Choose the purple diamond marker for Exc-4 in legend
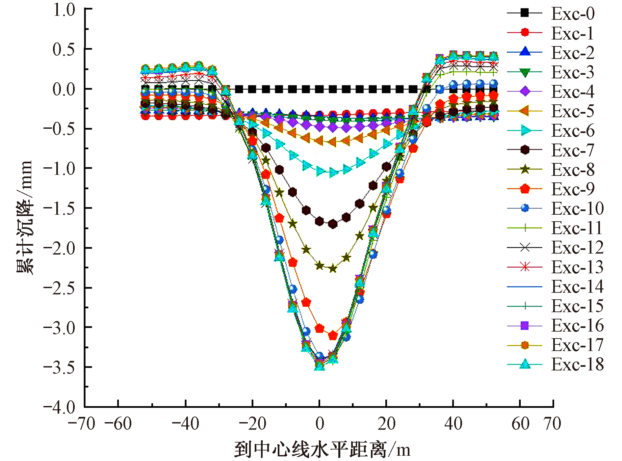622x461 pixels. click(x=525, y=91)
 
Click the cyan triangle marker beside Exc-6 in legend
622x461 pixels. click(x=525, y=131)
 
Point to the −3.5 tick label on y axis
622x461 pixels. click(x=60, y=367)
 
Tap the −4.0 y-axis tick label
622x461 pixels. click(x=60, y=408)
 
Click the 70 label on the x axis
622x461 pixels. click(x=553, y=424)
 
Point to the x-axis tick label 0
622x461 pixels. click(x=320, y=424)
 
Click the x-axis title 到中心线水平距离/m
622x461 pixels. click(x=322, y=450)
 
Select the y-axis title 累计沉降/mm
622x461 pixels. click(x=25, y=217)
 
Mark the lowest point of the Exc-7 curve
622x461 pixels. click(x=333, y=224)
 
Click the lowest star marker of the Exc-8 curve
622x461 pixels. click(x=333, y=269)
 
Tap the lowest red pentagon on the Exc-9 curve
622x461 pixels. click(x=333, y=336)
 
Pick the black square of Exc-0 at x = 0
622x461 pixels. click(x=319, y=89)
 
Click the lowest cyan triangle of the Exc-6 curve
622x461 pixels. click(x=333, y=173)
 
